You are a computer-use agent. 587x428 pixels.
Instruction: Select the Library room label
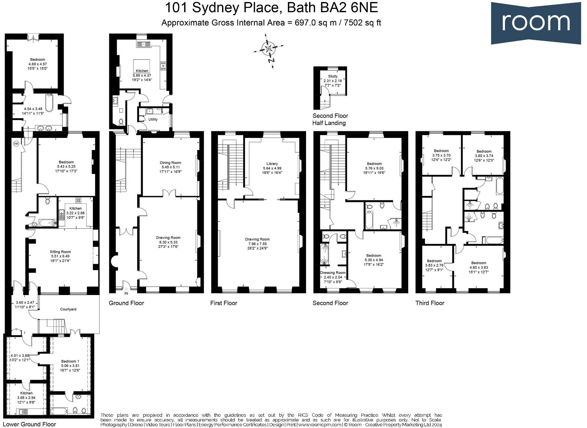[272, 164]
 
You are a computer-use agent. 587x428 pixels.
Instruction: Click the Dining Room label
[171, 163]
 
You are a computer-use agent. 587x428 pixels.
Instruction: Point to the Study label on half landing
[333, 76]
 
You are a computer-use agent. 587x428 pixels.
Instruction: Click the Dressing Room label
[333, 273]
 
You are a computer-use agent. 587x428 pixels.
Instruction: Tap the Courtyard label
[68, 309]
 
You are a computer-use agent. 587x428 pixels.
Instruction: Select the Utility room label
[153, 119]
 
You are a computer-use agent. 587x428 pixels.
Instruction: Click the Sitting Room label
[60, 252]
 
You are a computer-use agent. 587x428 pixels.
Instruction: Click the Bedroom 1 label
[70, 361]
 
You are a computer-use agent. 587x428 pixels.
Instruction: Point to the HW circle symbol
[16, 144]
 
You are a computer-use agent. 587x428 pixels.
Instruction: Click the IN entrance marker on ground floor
[126, 293]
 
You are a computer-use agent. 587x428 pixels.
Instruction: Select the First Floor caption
[224, 303]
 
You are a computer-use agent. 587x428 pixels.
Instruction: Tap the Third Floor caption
[430, 303]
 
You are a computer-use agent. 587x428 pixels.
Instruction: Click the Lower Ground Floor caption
[30, 424]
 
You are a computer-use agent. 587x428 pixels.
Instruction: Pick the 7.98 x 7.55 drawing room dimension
[257, 244]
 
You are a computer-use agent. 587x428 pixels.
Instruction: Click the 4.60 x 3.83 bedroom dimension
[479, 268]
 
